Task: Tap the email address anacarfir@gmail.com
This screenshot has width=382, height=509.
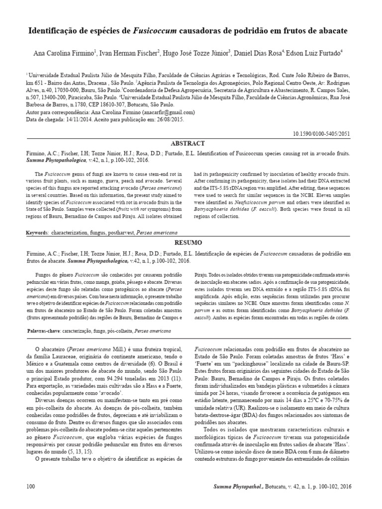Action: click(x=168, y=112)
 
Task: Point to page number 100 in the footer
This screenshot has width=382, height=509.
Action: click(x=30, y=486)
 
